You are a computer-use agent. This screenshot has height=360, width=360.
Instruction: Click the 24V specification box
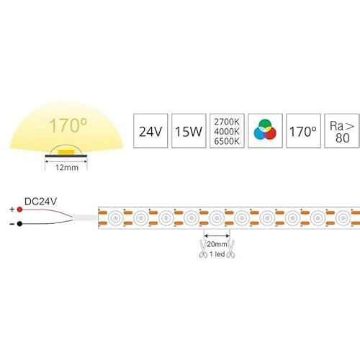150,131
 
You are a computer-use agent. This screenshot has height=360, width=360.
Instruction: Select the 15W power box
189,131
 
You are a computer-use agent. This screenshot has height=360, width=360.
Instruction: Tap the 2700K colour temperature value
227,122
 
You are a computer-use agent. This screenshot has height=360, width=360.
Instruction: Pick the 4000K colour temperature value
227,132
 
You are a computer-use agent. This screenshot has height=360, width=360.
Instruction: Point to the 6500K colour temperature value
227,141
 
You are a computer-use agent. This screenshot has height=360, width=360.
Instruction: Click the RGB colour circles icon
265,130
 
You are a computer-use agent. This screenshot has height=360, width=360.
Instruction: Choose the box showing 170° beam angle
303,131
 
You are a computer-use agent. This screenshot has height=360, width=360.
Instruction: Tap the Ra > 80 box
342,131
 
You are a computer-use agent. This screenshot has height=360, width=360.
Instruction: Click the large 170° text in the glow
68,125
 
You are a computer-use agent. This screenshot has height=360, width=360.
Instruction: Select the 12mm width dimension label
67,168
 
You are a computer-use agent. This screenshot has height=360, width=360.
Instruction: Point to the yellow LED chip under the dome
66,152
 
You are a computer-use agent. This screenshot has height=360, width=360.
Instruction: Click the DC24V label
40,202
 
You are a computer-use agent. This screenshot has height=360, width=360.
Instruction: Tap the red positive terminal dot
19,210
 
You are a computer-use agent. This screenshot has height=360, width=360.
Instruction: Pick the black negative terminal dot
19,224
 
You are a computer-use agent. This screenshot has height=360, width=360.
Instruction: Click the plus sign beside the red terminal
12,210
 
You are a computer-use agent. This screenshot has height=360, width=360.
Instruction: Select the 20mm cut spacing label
217,244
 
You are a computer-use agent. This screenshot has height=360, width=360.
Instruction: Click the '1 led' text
217,254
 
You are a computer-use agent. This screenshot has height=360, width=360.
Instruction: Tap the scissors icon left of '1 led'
203,249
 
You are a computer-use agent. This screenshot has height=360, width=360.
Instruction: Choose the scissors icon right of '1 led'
231,249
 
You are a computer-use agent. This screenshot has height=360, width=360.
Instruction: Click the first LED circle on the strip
115,218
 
